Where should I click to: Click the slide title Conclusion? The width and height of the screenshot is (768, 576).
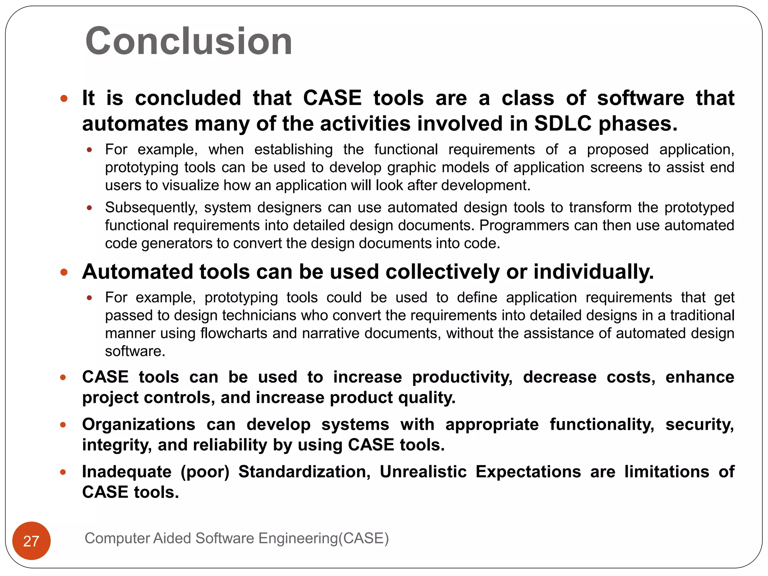[189, 41]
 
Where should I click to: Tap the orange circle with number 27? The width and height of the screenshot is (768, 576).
[31, 541]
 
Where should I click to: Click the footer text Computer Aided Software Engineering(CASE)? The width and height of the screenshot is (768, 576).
[237, 538]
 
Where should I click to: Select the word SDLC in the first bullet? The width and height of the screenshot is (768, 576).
[563, 123]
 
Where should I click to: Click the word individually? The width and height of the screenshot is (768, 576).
[593, 271]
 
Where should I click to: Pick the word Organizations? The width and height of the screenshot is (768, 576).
[139, 424]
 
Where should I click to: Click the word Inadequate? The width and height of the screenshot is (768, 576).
[127, 472]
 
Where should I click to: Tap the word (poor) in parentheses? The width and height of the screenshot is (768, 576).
[205, 472]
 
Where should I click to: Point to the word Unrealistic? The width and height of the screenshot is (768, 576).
[423, 472]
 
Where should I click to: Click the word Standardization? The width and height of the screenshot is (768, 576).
[304, 472]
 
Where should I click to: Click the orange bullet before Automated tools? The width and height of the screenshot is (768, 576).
[64, 272]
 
